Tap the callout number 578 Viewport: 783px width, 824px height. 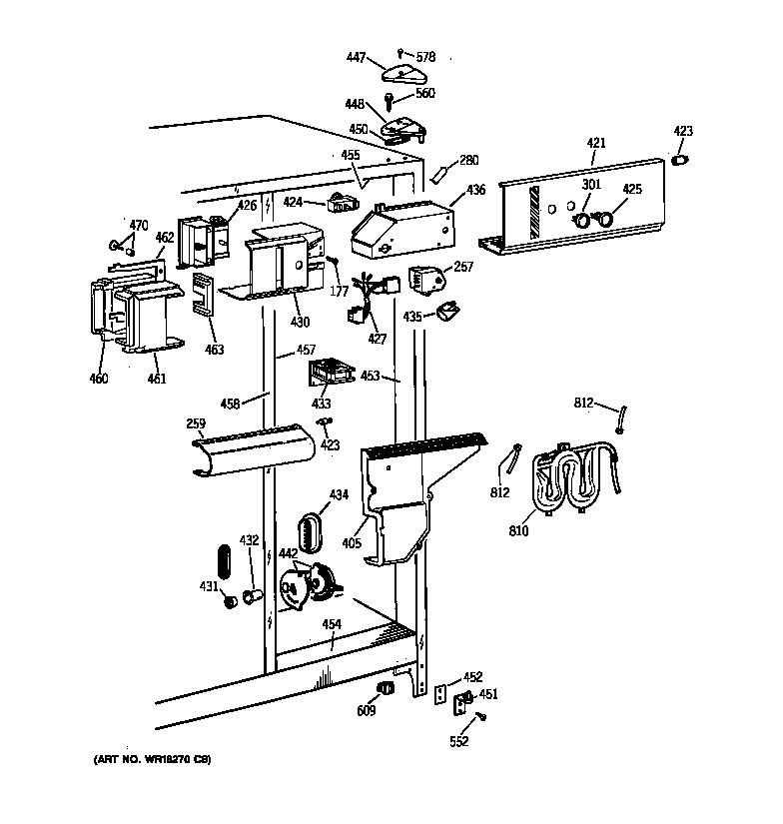coord(426,58)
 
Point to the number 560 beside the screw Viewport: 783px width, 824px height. coord(425,93)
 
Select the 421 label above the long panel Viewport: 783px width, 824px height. coord(596,144)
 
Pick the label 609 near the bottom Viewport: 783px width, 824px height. coord(367,712)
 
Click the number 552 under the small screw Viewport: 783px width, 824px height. coord(457,741)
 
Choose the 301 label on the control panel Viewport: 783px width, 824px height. coord(590,184)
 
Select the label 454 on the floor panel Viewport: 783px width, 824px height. coord(332,624)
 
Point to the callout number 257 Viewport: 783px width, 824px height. coord(463,267)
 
